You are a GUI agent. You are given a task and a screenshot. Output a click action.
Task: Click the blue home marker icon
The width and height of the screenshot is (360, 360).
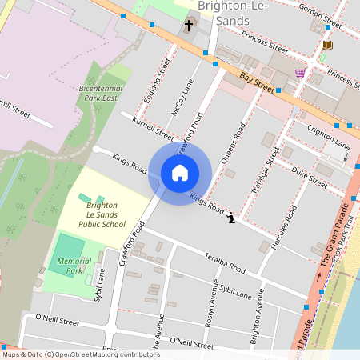pos(180,172)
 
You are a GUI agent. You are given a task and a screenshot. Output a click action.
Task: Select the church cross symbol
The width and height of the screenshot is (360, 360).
pos(189,26)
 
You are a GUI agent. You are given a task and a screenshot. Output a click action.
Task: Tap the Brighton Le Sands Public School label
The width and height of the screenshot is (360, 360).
pos(106,214)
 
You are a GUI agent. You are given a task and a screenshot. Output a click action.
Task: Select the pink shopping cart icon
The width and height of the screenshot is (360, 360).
pos(300,73)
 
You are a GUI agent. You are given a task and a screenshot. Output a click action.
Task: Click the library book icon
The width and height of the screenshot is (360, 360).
pos(326,46)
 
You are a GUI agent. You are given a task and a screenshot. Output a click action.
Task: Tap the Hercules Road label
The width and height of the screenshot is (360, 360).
pos(285,229)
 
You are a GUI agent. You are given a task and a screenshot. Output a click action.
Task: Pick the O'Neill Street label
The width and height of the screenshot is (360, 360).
pos(52,321)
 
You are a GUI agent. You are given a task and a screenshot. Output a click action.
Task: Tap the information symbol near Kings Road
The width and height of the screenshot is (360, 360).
pos(231,217)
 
